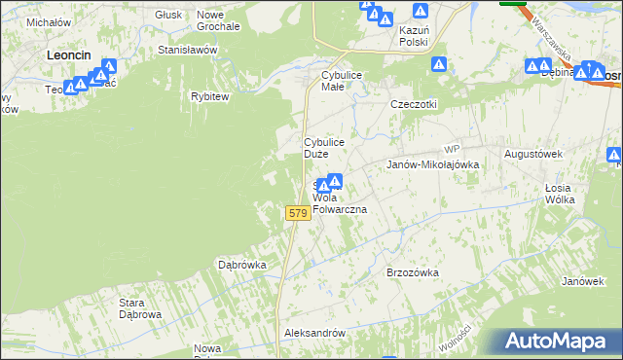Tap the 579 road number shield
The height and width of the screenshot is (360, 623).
click(x=297, y=213)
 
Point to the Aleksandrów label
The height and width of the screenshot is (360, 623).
click(x=314, y=333)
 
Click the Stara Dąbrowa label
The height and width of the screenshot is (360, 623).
click(x=139, y=308)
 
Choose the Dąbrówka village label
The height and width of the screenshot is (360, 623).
click(x=242, y=264)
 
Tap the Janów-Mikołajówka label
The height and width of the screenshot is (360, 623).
click(x=433, y=165)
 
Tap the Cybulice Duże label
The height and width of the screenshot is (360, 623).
click(x=323, y=148)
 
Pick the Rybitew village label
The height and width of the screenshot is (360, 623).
click(x=209, y=96)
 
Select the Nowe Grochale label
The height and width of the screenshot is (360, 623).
click(x=218, y=20)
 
